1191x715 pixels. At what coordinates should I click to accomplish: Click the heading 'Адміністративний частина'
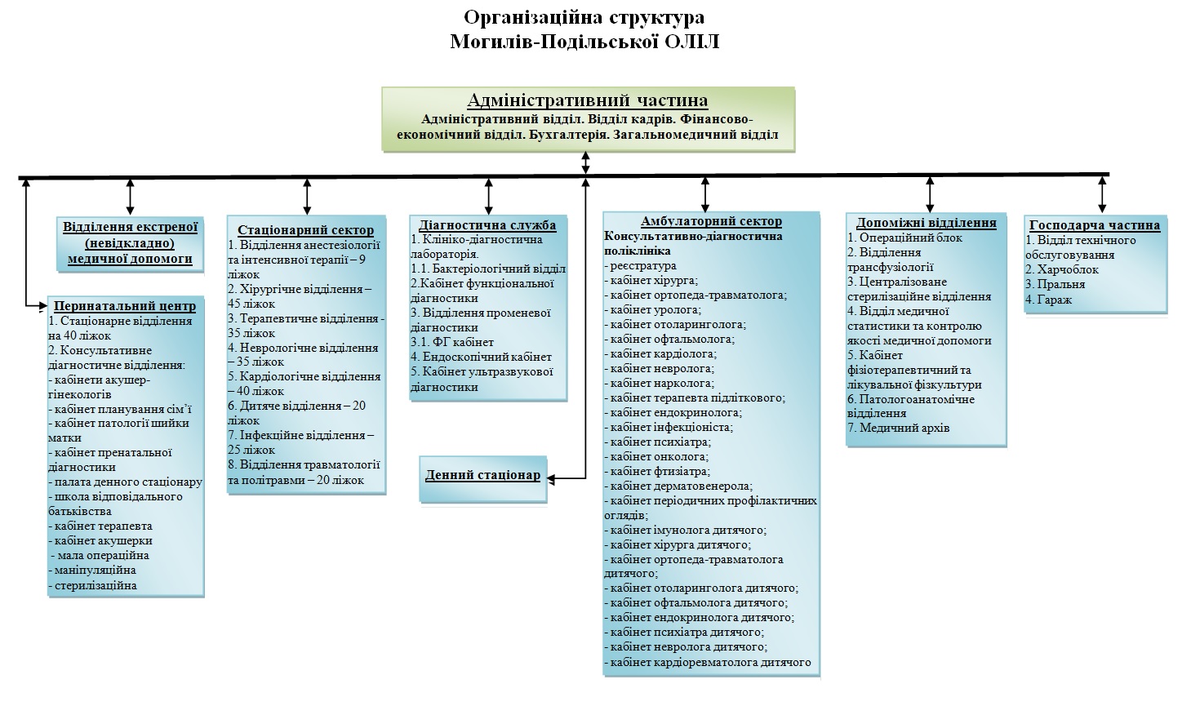(588, 100)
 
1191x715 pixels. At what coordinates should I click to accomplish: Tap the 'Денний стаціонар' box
(482, 478)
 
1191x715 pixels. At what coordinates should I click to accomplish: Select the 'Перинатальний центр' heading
(125, 306)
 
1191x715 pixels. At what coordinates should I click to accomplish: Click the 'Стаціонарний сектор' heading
(306, 230)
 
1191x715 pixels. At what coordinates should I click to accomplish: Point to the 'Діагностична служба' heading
(487, 225)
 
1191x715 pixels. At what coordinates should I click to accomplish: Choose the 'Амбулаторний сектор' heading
(711, 221)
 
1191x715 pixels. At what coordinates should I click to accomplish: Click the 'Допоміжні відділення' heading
(927, 223)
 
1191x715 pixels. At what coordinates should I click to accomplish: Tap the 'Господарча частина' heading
(1095, 225)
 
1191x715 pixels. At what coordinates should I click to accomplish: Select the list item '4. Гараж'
(1048, 300)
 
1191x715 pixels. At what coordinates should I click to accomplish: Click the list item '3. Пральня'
(1055, 284)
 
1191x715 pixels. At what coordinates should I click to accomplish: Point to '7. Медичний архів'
(898, 428)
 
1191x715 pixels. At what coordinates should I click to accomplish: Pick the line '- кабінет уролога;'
(653, 309)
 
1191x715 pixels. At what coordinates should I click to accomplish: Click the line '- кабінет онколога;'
(656, 456)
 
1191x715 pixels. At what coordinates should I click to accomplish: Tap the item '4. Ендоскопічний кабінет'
(481, 357)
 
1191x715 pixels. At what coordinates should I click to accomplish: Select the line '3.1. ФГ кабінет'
(452, 342)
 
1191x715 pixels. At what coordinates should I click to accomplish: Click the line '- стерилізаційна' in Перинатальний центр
(92, 586)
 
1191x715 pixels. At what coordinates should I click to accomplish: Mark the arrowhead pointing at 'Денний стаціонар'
(551, 479)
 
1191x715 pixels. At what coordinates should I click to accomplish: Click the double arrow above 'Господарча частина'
(1102, 194)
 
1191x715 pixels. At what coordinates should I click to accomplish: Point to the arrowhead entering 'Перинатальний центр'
(43, 305)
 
